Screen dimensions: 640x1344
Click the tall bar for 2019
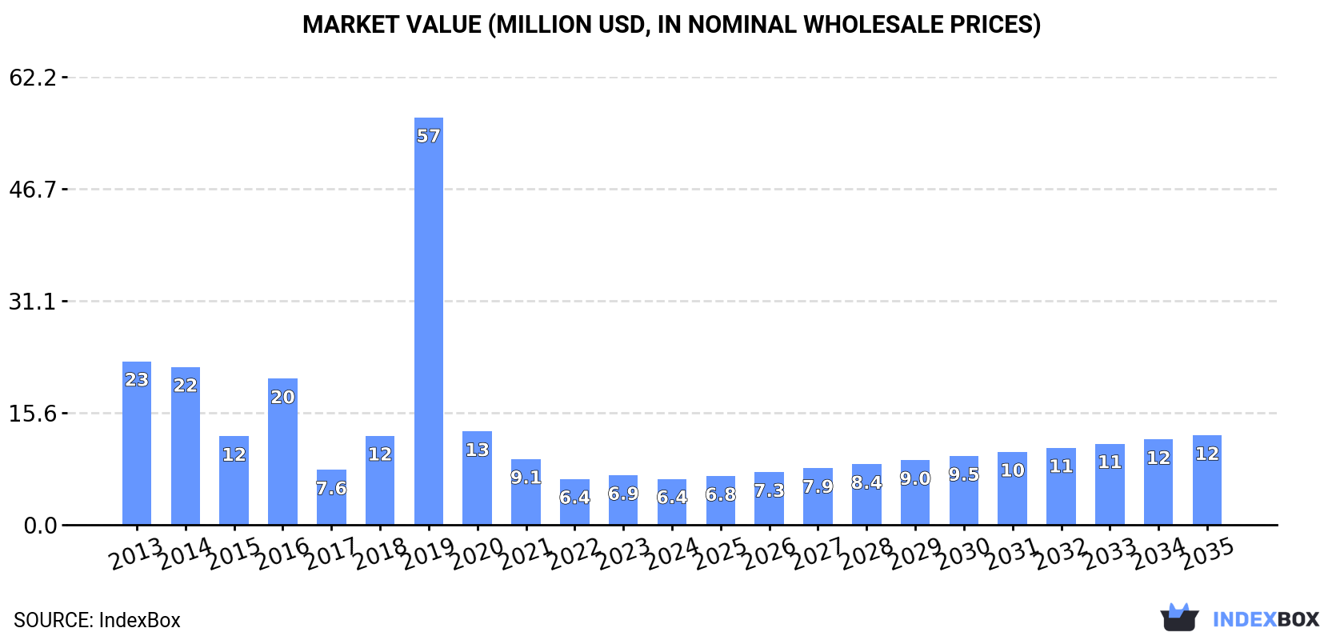pyautogui.click(x=429, y=320)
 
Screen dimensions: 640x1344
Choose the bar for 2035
pyautogui.click(x=1206, y=480)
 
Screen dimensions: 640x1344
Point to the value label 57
pyautogui.click(x=429, y=136)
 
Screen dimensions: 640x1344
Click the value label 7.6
pyautogui.click(x=331, y=488)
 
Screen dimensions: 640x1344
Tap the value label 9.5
pyautogui.click(x=964, y=474)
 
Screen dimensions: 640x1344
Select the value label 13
pyautogui.click(x=478, y=450)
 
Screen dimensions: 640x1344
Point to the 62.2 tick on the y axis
pyautogui.click(x=33, y=78)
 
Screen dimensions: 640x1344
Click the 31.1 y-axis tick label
pyautogui.click(x=33, y=302)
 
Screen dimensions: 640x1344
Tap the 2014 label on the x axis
pyautogui.click(x=186, y=554)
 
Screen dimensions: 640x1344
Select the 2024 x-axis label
pyautogui.click(x=672, y=554)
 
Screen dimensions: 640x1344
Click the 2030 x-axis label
pyautogui.click(x=964, y=554)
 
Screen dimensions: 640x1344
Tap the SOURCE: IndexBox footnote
pyautogui.click(x=97, y=620)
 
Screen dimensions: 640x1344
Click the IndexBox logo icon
pyautogui.click(x=1179, y=618)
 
